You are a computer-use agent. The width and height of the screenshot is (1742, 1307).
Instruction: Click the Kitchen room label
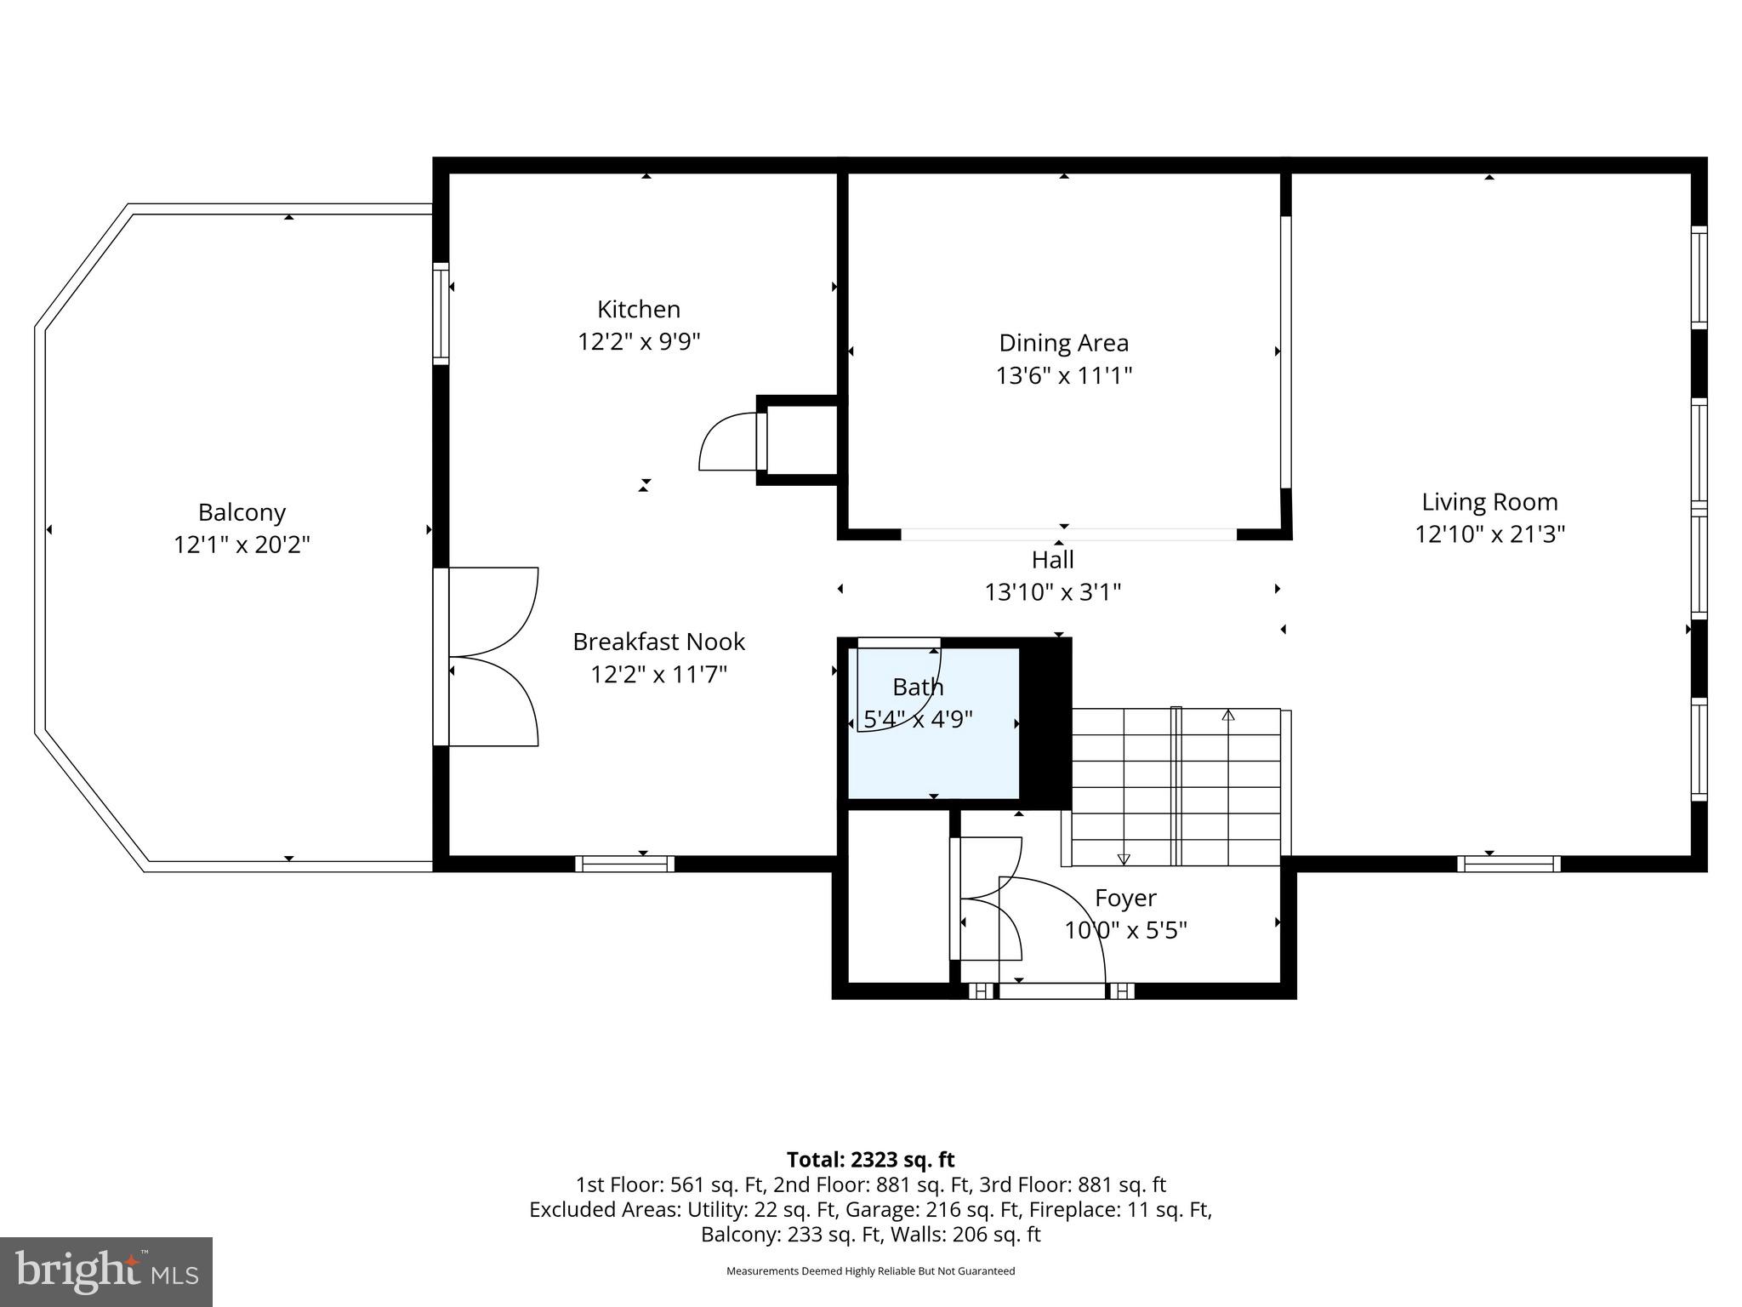coord(638,309)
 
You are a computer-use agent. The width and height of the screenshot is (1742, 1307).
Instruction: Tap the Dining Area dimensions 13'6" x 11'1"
coord(1063,375)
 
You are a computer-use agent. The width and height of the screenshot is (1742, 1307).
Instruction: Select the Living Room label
coord(1489,502)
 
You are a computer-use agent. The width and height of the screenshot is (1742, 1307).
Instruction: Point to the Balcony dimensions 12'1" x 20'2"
coord(242,545)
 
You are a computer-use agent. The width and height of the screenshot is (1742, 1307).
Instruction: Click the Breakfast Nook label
coord(658,642)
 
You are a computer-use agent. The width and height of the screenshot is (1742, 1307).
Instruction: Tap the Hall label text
coord(1052,560)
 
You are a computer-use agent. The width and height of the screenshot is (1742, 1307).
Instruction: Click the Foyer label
coord(1124,899)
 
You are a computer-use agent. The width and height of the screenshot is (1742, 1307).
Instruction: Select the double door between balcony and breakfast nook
coord(489,657)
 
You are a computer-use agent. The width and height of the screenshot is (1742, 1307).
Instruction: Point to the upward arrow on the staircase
coord(1227,716)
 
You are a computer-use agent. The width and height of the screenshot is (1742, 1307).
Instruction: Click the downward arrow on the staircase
coord(1123,859)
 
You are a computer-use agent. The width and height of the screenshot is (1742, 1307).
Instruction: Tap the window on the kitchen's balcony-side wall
coord(441,313)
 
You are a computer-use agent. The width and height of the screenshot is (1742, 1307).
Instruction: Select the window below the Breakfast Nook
coord(624,864)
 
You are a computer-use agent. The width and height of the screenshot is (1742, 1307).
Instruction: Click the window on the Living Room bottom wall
coord(1508,864)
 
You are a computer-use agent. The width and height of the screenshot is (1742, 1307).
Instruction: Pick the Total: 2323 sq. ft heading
coord(870,1160)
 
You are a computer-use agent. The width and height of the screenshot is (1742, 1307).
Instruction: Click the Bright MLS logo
coord(106,1271)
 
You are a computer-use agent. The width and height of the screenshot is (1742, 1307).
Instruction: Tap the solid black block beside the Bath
coord(1045,723)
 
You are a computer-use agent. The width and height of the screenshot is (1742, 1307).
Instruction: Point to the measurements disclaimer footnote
coord(870,1271)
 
